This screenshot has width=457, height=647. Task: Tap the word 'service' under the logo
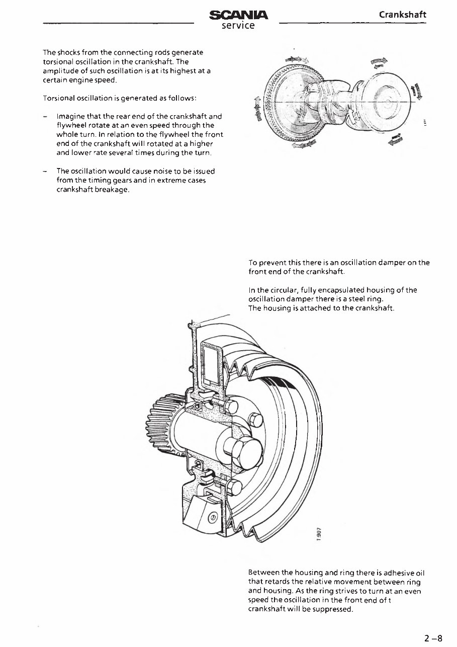[x=238, y=25]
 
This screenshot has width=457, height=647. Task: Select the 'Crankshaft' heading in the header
[x=402, y=15]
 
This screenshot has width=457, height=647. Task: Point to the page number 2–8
[x=432, y=639]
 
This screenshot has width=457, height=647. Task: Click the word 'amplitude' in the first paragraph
[x=60, y=72]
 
